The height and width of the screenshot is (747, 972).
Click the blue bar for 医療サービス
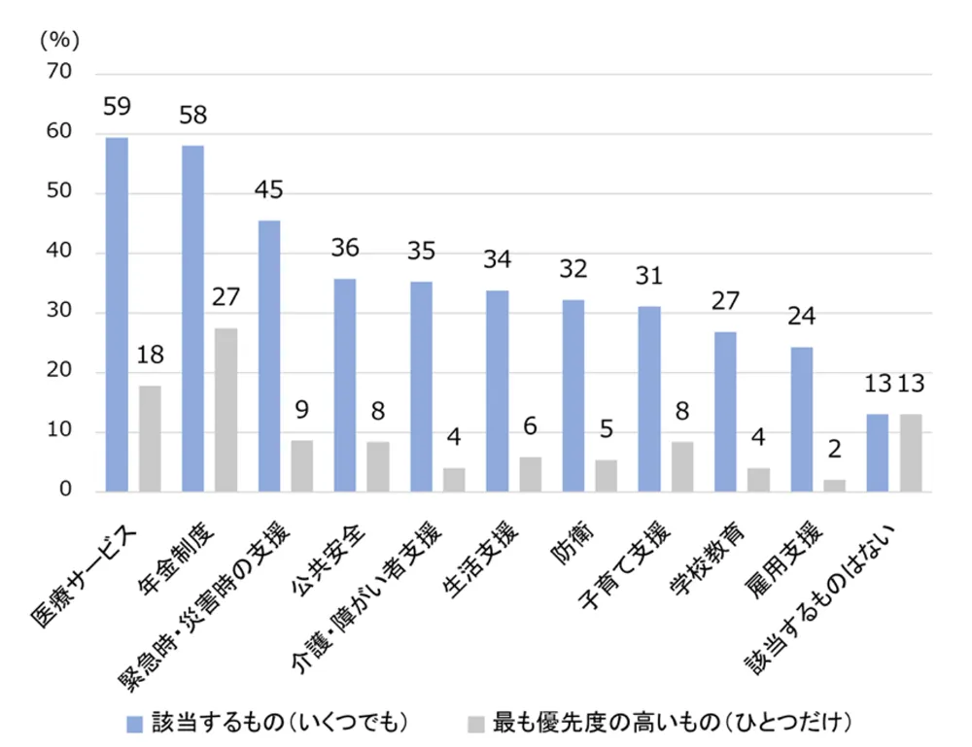(117, 315)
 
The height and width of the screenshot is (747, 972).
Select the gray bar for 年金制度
(226, 410)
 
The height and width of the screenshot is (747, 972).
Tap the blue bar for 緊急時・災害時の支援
(269, 357)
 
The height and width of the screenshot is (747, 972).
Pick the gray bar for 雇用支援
(834, 486)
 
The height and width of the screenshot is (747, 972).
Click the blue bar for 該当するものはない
(877, 453)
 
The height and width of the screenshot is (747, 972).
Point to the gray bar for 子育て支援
(682, 466)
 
